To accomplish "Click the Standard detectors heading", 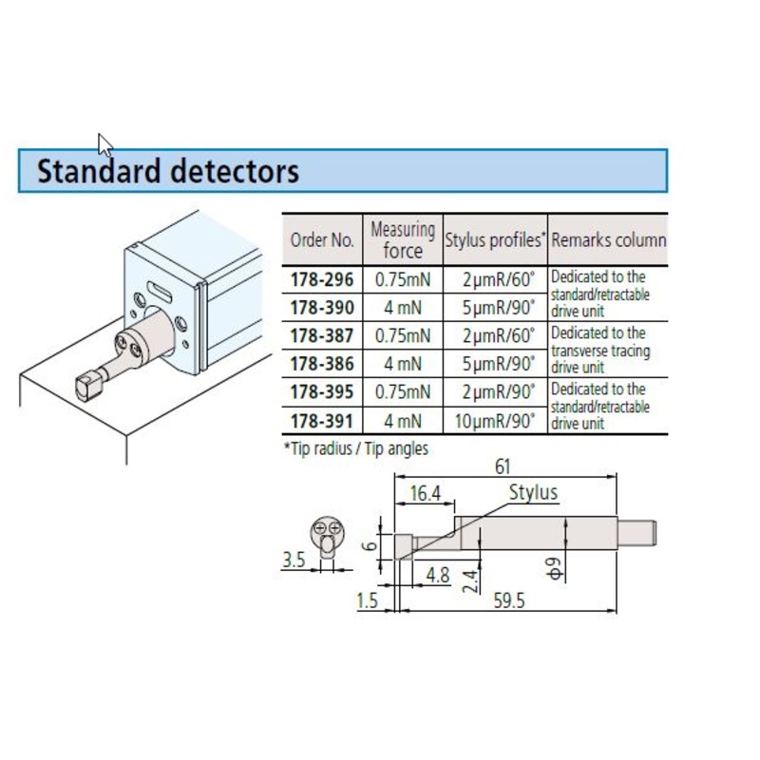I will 167,172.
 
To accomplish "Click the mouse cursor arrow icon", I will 104,144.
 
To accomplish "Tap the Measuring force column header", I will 402,239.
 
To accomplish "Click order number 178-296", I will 321,280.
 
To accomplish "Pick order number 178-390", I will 321,308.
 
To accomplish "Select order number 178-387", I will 321,335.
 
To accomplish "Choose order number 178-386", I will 321,363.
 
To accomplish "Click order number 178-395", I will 321,391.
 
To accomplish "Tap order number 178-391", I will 321,419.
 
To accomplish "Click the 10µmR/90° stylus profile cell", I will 494,419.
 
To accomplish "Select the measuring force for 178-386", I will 402,363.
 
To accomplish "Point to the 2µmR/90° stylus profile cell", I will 494,391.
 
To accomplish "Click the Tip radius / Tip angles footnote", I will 356,448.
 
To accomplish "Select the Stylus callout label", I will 533,493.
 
